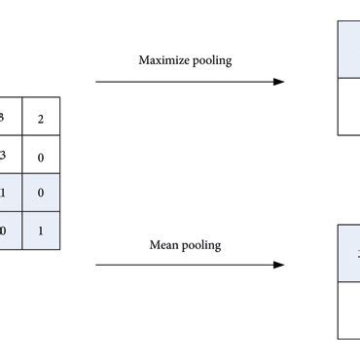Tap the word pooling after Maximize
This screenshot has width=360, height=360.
pyautogui.click(x=211, y=61)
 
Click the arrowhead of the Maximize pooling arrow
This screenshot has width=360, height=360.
pyautogui.click(x=279, y=82)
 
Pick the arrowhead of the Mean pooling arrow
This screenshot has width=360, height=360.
pyautogui.click(x=279, y=265)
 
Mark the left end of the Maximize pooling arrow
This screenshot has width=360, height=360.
pyautogui.click(x=96, y=82)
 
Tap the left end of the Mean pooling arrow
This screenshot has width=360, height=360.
pyautogui.click(x=96, y=265)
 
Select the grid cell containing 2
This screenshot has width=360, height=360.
pyautogui.click(x=41, y=117)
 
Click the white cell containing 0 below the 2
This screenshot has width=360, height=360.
pyautogui.click(x=41, y=155)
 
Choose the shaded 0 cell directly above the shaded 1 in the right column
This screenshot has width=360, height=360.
pyautogui.click(x=41, y=193)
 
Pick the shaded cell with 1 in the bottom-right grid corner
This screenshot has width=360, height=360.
pyautogui.click(x=41, y=231)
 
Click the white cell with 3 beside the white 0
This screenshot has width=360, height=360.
pyautogui.click(x=10, y=155)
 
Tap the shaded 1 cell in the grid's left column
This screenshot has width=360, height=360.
pyautogui.click(x=10, y=193)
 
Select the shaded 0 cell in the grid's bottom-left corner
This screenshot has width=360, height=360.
pyautogui.click(x=10, y=231)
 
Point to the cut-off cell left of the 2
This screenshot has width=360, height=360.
pyautogui.click(x=10, y=117)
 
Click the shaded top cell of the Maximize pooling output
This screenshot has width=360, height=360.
pyautogui.click(x=349, y=50)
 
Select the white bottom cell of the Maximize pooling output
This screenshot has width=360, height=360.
pyautogui.click(x=349, y=105)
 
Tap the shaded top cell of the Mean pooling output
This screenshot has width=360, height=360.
pyautogui.click(x=349, y=254)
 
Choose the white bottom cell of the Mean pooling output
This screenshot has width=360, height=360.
pyautogui.click(x=349, y=309)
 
